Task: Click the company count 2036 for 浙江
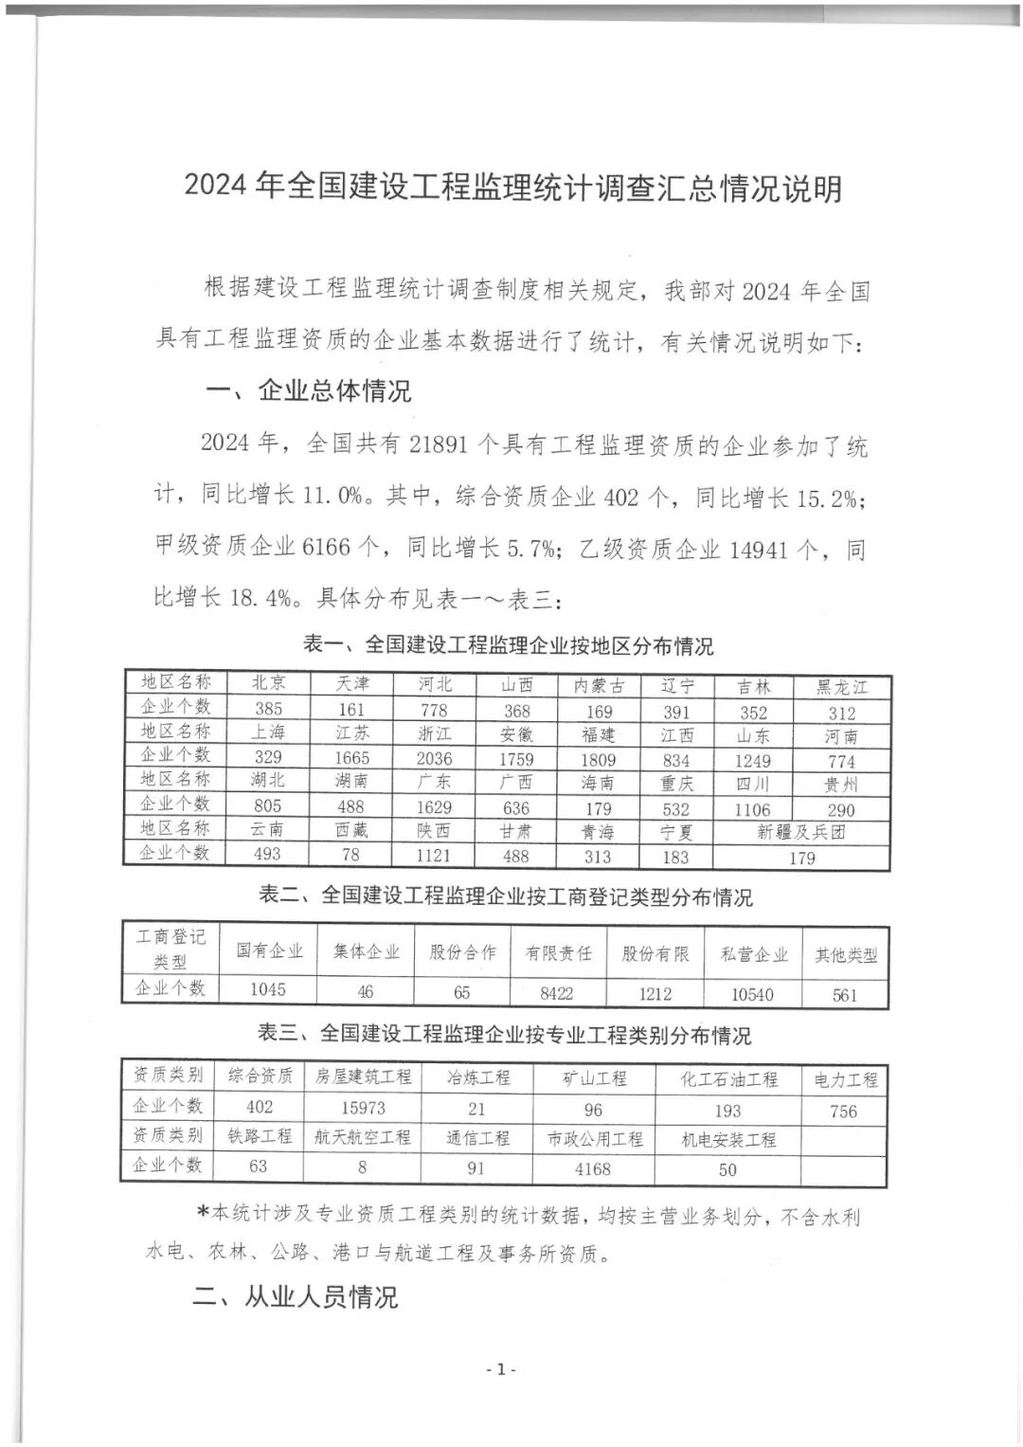435,758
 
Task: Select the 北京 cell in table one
268,682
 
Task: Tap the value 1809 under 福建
598,759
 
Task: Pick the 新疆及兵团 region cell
801,832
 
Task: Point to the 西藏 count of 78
350,855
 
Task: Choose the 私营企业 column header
753,954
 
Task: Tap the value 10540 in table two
752,994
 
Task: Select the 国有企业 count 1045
267,989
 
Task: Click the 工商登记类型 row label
170,949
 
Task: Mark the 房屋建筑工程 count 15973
363,1107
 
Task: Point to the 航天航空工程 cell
363,1137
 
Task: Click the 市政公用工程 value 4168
593,1169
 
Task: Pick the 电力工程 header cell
845,1079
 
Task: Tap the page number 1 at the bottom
500,1369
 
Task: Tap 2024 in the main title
215,188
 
